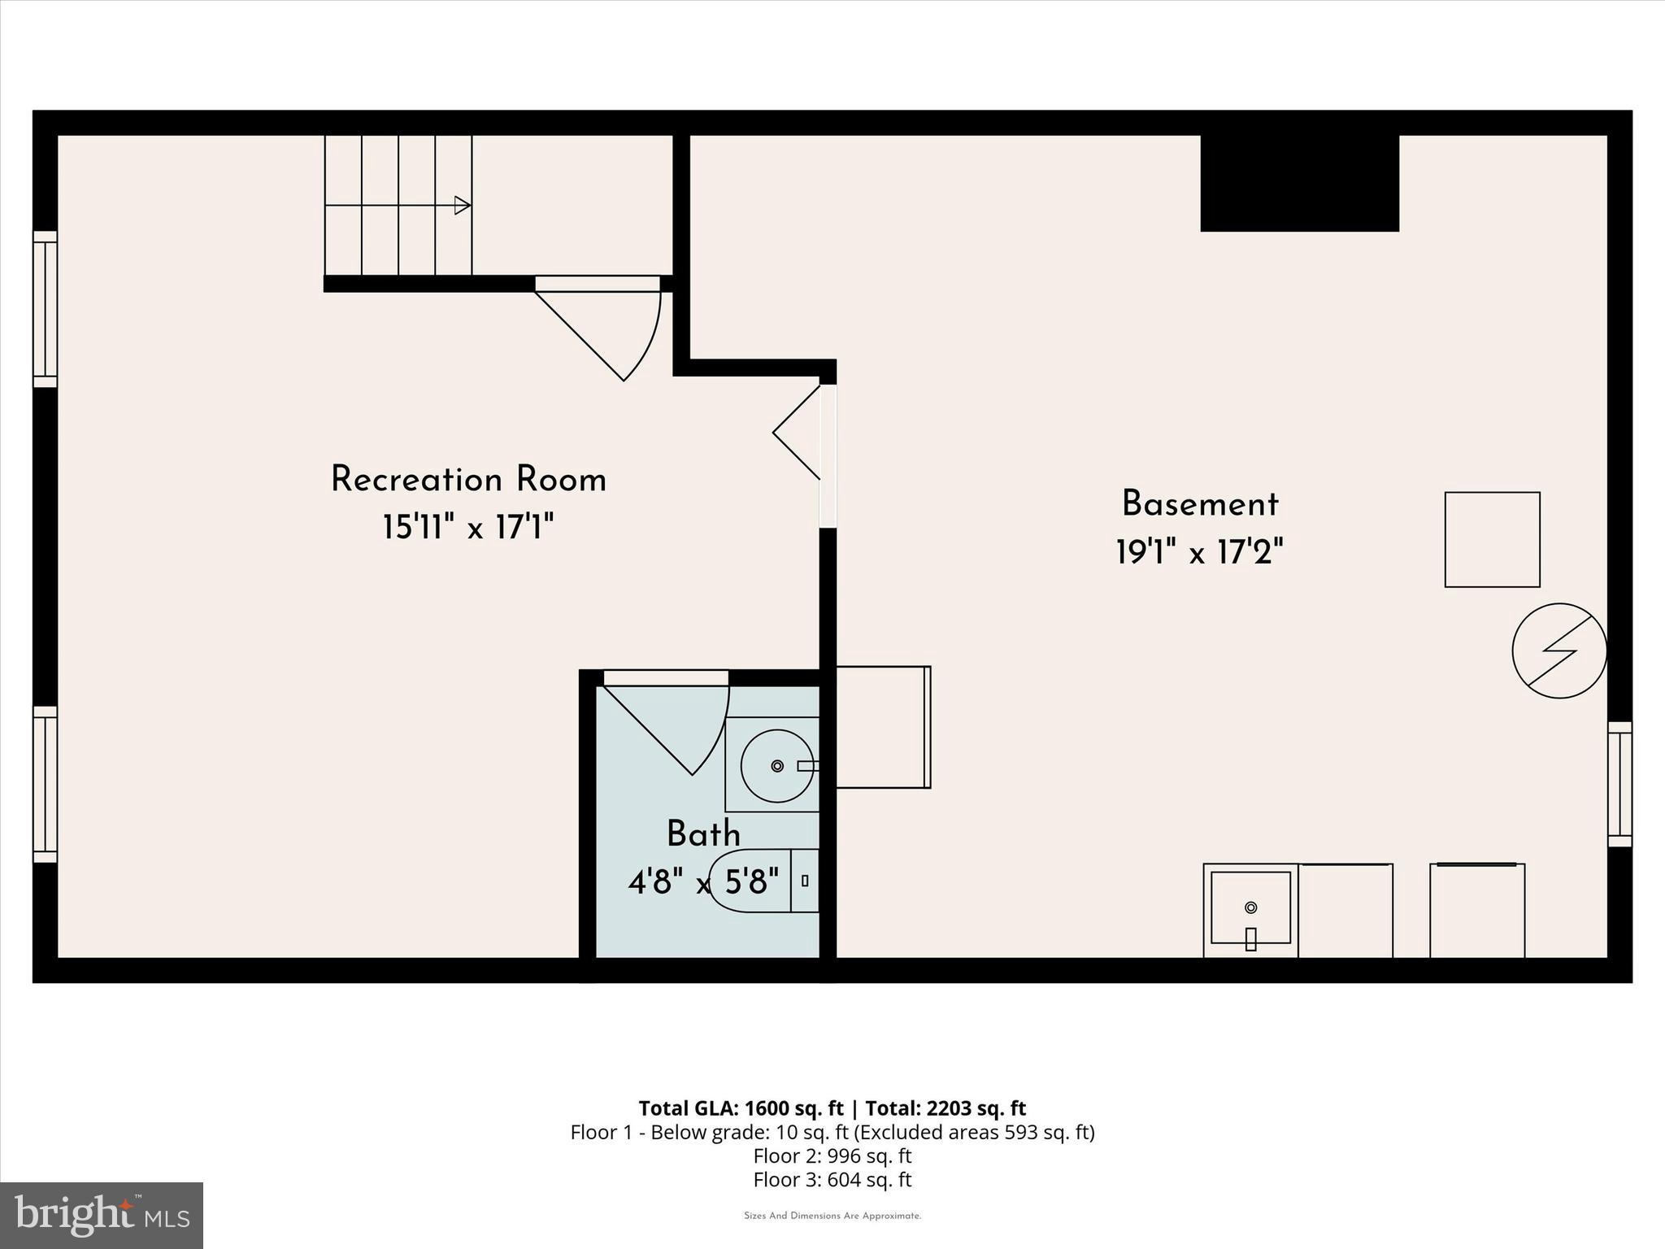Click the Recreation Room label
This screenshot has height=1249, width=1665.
click(468, 480)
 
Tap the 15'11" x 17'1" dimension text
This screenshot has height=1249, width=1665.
click(468, 529)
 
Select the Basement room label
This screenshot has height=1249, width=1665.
click(1200, 504)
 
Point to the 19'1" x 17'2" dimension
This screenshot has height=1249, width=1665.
click(1200, 554)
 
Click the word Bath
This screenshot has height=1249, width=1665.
click(703, 834)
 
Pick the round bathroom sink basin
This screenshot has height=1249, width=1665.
click(776, 765)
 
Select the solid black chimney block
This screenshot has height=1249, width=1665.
click(1299, 183)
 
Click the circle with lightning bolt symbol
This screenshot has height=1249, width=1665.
click(1558, 651)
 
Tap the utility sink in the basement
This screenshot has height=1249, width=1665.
click(1250, 909)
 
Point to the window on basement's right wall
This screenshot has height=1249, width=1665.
click(1619, 785)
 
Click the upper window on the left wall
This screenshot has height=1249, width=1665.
click(46, 309)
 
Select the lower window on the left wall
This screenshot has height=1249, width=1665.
click(46, 784)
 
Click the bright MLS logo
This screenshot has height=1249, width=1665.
click(102, 1215)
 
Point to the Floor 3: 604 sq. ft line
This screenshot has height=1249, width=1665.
click(832, 1179)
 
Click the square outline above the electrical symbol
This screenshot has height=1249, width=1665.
click(1492, 539)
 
